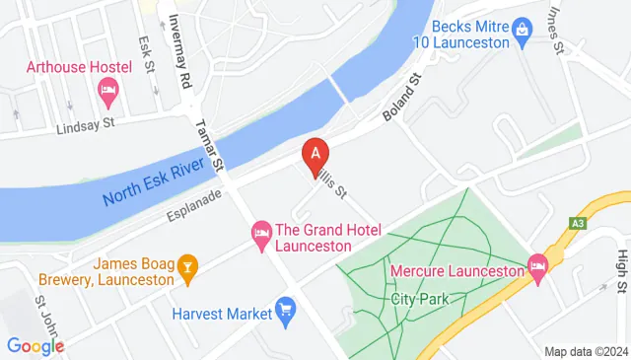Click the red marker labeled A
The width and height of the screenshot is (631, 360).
point(315,156)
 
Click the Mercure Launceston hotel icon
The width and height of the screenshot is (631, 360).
point(537,264)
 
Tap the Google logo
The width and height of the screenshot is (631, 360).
point(35,345)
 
